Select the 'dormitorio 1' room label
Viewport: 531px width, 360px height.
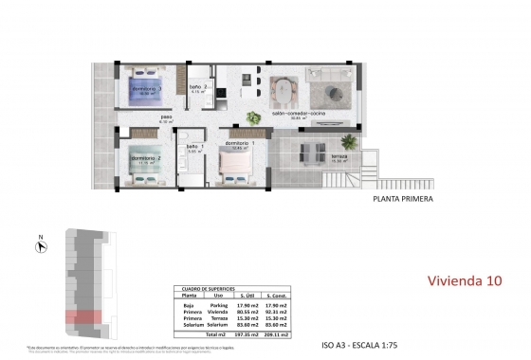pos(235,142)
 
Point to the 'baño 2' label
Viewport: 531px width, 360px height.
pos(194,87)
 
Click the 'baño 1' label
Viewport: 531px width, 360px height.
pos(193,148)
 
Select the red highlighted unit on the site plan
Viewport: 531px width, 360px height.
pos(82,318)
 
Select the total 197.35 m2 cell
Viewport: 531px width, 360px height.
pos(252,334)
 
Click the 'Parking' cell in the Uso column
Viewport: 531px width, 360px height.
pos(219,304)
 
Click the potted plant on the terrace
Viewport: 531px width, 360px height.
pos(255,117)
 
